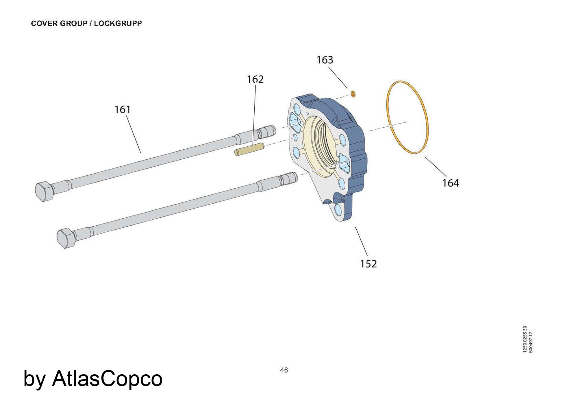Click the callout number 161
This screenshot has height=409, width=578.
click(x=123, y=110)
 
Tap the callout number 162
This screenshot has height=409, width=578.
click(x=255, y=79)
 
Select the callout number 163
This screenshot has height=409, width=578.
click(x=325, y=60)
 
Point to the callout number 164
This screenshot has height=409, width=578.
click(x=451, y=183)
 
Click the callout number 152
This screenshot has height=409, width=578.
click(x=368, y=264)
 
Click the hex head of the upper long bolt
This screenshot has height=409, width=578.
click(x=44, y=191)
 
